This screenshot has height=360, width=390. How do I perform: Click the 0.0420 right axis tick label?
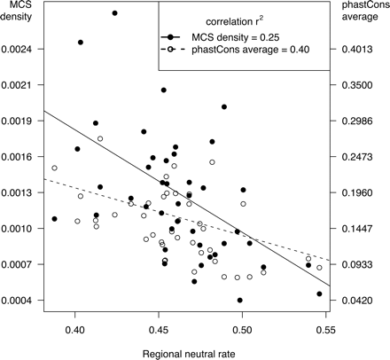point(364,301)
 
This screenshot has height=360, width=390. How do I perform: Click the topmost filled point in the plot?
point(115,13)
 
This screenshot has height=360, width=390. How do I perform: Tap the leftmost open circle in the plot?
point(54,168)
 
